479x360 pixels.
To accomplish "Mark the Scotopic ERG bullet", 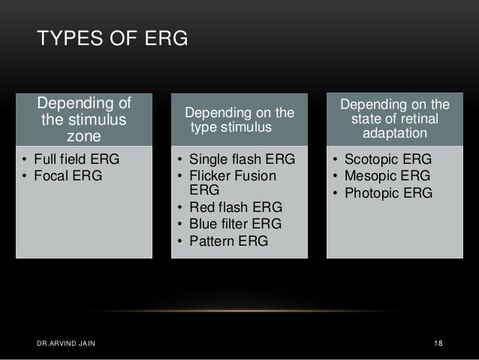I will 382,161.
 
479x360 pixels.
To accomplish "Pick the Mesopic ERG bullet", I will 381,177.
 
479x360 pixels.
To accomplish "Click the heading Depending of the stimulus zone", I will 84,119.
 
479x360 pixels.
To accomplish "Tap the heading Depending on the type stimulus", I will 240,121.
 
